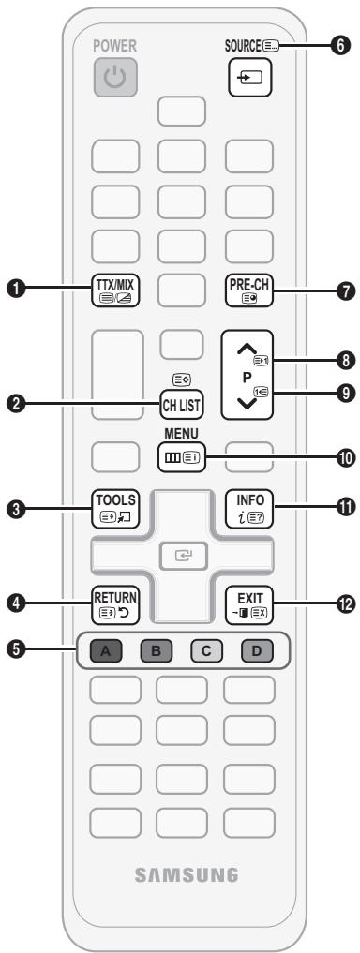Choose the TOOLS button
tap(112, 505)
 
